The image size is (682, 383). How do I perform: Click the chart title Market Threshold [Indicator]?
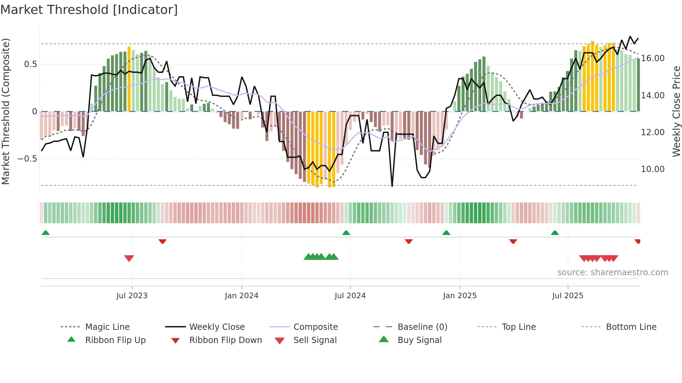[89, 10]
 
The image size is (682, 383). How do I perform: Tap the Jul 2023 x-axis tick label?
[132, 296]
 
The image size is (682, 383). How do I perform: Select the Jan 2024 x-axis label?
[241, 296]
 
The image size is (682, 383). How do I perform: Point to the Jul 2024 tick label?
[350, 296]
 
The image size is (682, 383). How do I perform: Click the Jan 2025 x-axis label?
[460, 296]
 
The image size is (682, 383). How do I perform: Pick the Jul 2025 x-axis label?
[568, 296]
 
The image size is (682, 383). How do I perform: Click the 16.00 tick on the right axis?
[653, 58]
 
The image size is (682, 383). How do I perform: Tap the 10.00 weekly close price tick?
[653, 169]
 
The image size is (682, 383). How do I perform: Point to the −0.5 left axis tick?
[27, 159]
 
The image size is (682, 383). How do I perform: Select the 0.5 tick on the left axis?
[31, 64]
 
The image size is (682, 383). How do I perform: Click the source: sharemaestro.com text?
[612, 272]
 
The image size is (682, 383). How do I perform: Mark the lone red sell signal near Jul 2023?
[129, 258]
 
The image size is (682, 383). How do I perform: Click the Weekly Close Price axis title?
[676, 111]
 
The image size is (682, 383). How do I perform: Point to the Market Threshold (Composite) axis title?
[6, 111]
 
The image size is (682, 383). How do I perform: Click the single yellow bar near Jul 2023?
[129, 79]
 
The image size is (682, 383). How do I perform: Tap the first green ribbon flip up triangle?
[46, 233]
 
